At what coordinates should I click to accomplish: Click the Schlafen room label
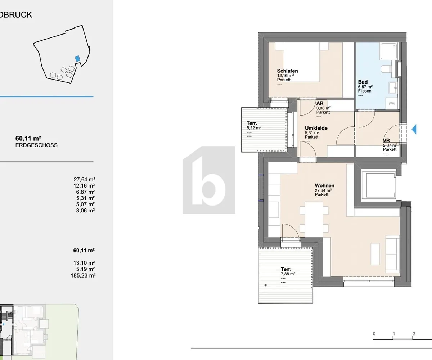coord(287,71)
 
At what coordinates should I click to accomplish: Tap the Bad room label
coord(363,82)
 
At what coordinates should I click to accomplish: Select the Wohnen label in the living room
coord(324,186)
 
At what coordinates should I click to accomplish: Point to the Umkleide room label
coord(316,128)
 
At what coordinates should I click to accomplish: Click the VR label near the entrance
coord(386,140)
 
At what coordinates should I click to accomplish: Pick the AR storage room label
coord(320,103)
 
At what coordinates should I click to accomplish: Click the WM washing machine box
coord(391,103)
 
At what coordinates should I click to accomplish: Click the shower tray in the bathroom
coord(388,51)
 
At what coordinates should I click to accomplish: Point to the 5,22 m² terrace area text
coord(254,128)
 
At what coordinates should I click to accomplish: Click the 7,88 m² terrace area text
coord(288,274)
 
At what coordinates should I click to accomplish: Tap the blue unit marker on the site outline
coord(77,59)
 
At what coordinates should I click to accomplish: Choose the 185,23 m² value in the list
coord(83,276)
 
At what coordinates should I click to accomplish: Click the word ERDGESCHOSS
coord(36,145)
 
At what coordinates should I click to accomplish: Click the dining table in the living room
coord(314,219)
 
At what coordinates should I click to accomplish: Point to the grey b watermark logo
coord(209,180)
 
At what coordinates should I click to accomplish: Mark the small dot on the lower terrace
coord(266,285)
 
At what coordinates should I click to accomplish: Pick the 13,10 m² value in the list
coord(84,263)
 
